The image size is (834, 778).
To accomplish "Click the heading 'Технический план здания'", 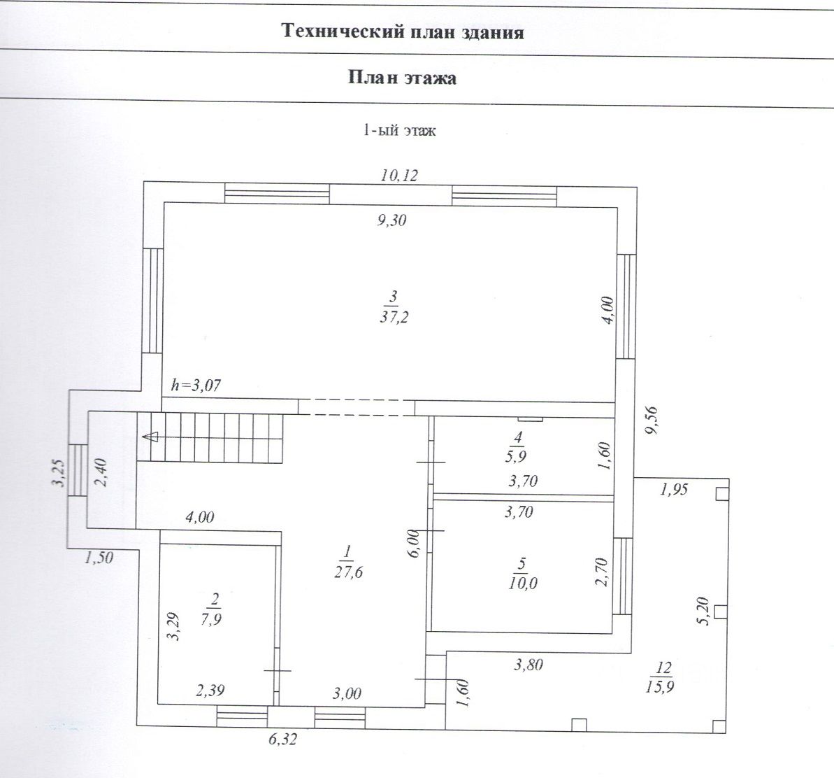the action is pos(403,32).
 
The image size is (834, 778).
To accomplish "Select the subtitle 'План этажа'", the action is pos(402,78).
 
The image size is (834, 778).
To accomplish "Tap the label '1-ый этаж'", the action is pos(399,130).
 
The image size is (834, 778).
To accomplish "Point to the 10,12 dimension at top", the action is pos(399,175).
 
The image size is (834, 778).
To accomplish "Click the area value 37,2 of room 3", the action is pos(394,318).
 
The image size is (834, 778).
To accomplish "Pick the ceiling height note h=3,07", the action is pos(196,385).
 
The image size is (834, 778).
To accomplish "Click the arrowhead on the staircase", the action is pos(152,437).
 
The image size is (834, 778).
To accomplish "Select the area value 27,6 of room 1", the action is pos(348,572).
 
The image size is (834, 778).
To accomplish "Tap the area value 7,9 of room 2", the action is pos(212,619).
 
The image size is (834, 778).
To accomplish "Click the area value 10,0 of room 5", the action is pos(522,583).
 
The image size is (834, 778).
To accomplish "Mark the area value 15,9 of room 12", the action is pos(660,686).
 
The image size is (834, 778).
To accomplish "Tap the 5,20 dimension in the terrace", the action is pos(703,611).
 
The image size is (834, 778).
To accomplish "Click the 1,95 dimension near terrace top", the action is pos(674,489).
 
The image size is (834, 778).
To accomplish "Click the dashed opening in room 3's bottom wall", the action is pos(357,406).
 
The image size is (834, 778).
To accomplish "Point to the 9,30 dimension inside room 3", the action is pos(392,220).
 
